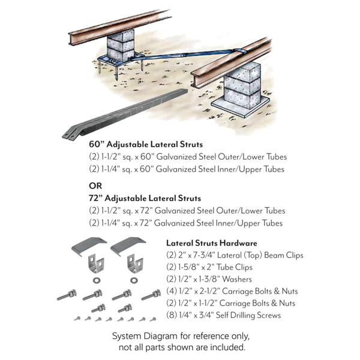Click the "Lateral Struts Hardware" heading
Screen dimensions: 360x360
click(212, 243)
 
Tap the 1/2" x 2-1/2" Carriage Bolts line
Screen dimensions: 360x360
click(232, 292)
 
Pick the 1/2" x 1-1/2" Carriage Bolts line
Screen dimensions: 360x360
click(232, 304)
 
